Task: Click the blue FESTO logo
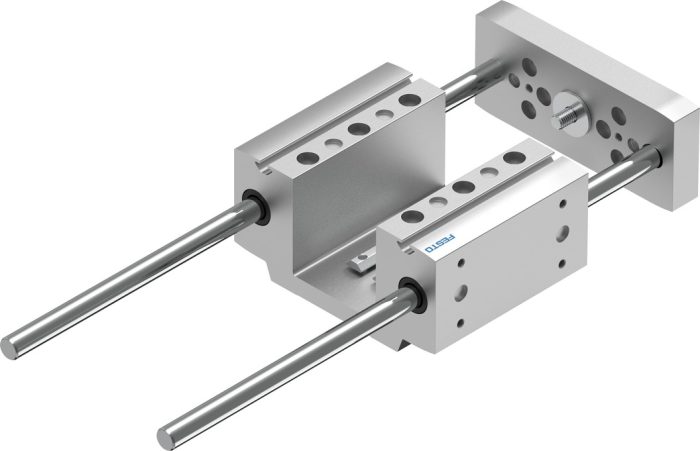440,243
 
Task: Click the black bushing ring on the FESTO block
413,294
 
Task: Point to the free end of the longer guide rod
10,348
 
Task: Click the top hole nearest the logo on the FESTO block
412,217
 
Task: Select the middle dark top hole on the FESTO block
463,187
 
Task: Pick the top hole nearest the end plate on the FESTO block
514,157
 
